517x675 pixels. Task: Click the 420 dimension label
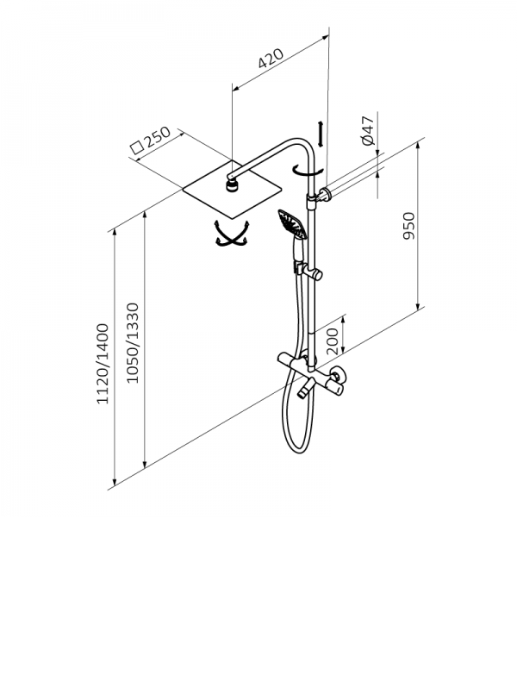(271, 59)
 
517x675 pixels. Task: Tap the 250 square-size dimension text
(157, 137)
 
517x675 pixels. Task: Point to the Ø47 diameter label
(369, 130)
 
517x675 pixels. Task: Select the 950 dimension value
(408, 226)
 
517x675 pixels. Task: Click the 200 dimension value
(333, 340)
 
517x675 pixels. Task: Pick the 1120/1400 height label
(103, 364)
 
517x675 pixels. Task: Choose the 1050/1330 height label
(133, 343)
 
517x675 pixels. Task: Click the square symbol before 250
(137, 147)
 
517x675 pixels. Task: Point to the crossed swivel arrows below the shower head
(233, 234)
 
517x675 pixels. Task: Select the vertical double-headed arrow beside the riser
(321, 134)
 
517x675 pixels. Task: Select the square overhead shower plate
(233, 190)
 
